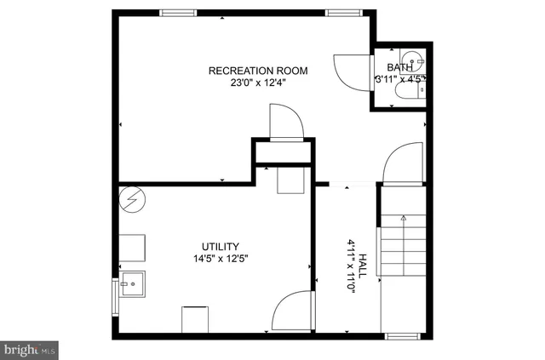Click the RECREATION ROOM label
(258, 71)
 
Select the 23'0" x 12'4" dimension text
(258, 83)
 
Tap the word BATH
(399, 67)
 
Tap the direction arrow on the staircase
(404, 219)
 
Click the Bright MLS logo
(29, 349)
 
